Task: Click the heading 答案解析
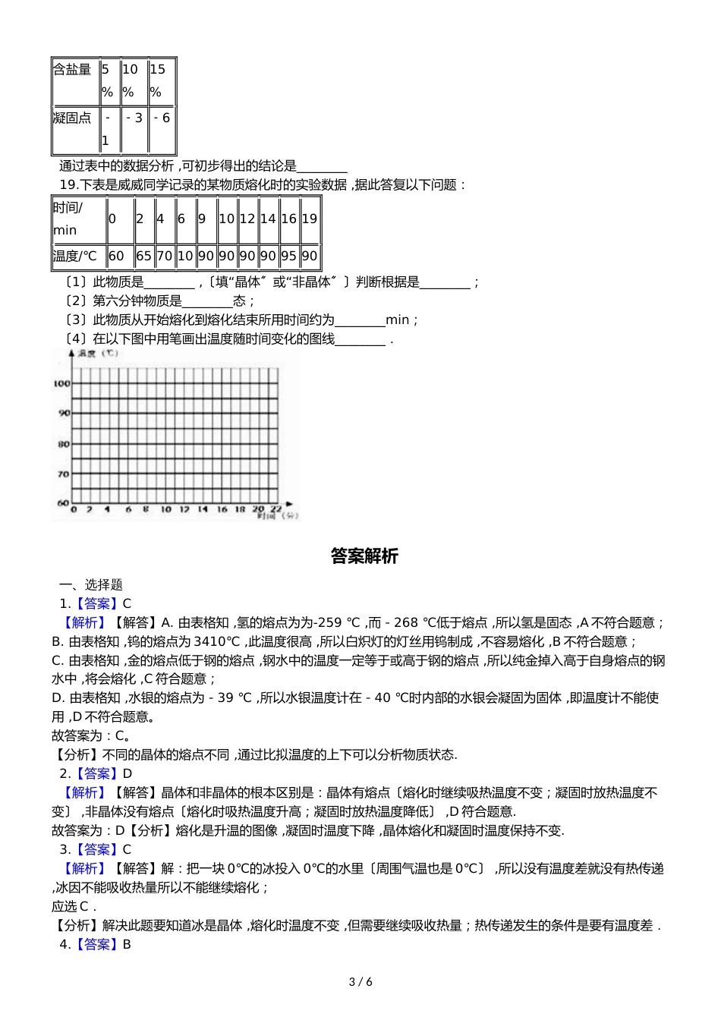coord(364,556)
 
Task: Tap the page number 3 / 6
coord(360,982)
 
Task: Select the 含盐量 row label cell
coord(74,80)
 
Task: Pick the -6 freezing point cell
coord(161,129)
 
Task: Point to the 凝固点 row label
coord(74,129)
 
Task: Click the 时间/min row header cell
coord(77,219)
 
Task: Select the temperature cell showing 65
coord(143,257)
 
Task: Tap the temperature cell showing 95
coord(288,257)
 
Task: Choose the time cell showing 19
coord(310,219)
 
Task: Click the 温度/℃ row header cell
coord(77,257)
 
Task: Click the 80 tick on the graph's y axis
coord(63,444)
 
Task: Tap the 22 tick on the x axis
coord(276,509)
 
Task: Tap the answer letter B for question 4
coord(127,945)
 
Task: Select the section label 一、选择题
coord(91,585)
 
